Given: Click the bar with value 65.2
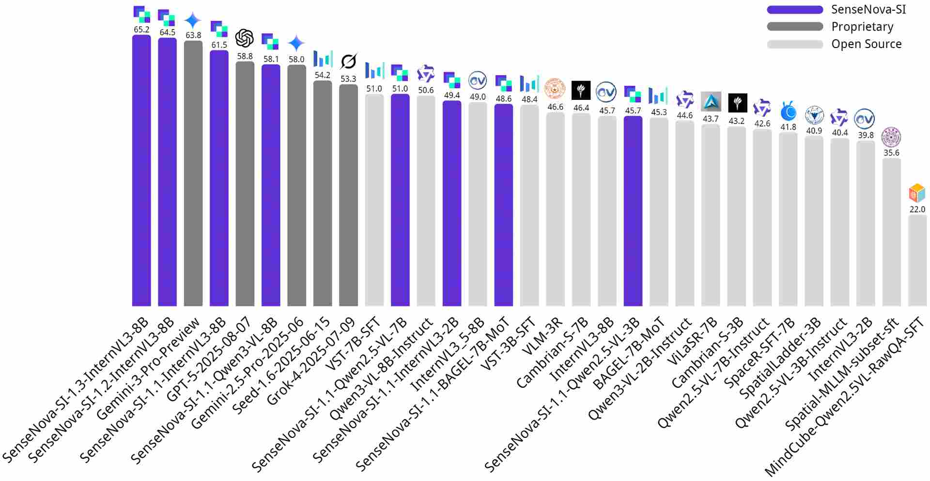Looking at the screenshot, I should (x=141, y=170).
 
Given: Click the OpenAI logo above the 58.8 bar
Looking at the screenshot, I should (x=245, y=38).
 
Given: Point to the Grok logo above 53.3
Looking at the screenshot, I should (x=348, y=62).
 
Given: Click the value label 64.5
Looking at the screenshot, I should (x=168, y=32).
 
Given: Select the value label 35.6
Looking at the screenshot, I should (x=891, y=153).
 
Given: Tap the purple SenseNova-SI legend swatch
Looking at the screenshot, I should (x=795, y=10).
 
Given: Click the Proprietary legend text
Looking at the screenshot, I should (x=862, y=27).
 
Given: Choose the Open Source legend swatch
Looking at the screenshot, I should (x=795, y=44).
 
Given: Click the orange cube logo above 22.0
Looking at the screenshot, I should (x=917, y=193).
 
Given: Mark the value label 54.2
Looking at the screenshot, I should (x=323, y=75).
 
